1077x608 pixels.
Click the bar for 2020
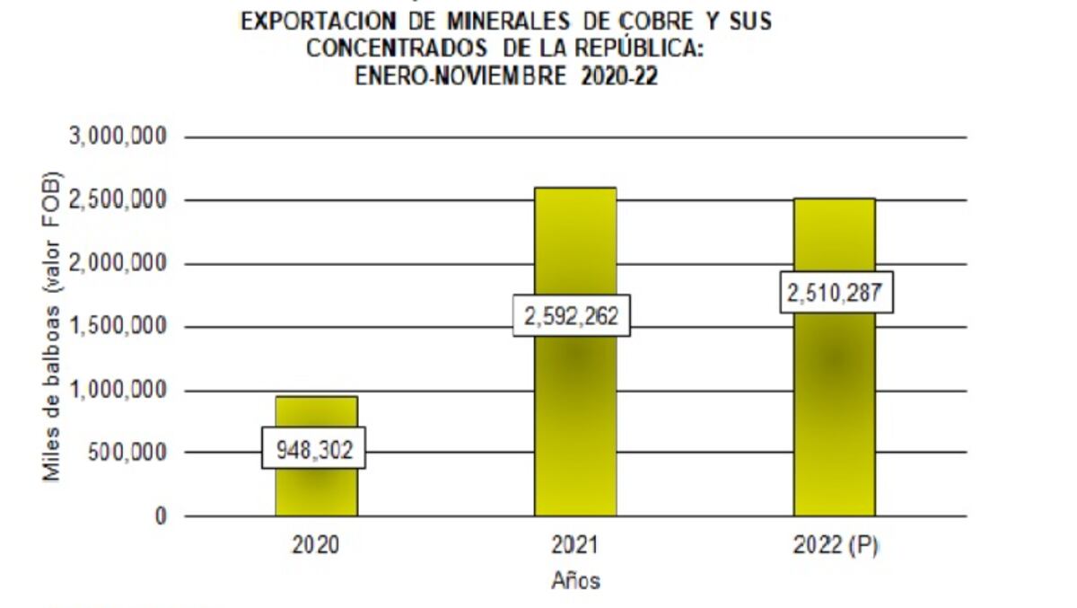pos(316,489)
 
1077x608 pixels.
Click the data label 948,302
pos(314,447)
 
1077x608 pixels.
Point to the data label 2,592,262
pos(572,316)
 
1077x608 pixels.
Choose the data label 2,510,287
pos(836,293)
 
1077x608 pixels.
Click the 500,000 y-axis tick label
pos(126,453)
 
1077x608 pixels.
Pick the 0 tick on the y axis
pos(161,516)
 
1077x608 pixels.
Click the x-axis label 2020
pos(316,546)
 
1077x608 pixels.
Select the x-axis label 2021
pos(574,546)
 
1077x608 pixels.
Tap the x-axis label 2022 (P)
pos(835,546)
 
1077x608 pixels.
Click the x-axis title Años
pos(574,581)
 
